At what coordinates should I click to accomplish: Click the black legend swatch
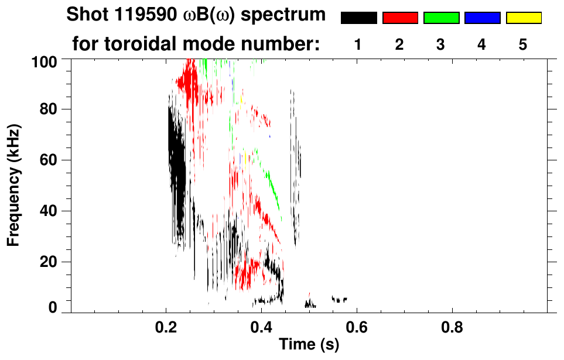[359, 18]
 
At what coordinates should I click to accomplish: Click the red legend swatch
[400, 18]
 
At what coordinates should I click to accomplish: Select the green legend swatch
[441, 18]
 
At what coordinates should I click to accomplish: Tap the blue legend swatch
[482, 18]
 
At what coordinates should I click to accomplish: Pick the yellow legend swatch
[523, 18]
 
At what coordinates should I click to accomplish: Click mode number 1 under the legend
[358, 44]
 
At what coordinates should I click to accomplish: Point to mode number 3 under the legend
[441, 44]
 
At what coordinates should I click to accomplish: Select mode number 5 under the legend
[523, 44]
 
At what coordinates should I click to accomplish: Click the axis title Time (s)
[309, 345]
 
